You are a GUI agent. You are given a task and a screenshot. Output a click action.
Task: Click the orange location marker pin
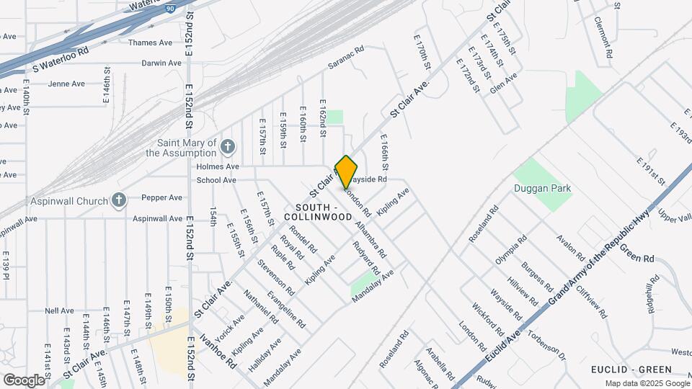coord(346,171)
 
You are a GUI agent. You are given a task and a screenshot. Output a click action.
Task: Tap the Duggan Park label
coord(543,189)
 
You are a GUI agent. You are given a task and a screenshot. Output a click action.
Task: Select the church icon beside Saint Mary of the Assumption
coord(228,148)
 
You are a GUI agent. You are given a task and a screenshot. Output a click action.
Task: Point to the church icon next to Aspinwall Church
coord(120,201)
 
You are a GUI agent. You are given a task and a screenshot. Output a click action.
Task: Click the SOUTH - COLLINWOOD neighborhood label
coord(318,211)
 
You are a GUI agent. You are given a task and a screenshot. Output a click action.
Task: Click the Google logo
coord(24,380)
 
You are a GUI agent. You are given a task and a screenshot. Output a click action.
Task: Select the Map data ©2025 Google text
coord(647,383)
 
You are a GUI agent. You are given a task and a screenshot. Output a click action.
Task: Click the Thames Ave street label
coord(150,43)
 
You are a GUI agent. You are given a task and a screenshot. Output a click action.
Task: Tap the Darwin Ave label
coord(160,63)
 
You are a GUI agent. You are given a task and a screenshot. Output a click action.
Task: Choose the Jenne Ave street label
coord(66,84)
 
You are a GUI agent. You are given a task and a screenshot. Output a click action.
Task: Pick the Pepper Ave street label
coord(161,197)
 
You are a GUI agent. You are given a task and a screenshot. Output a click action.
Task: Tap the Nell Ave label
coord(59,311)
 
